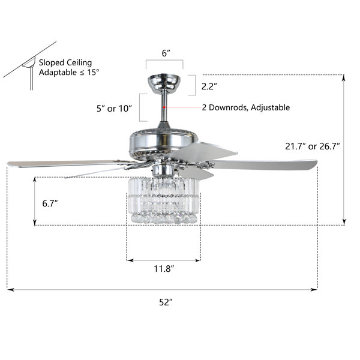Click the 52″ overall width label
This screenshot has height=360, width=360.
(x=166, y=302)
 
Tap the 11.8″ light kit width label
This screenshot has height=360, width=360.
(x=164, y=268)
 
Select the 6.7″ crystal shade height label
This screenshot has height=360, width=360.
(x=50, y=203)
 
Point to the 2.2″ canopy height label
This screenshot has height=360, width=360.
(x=209, y=86)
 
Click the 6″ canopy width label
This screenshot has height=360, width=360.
(x=166, y=53)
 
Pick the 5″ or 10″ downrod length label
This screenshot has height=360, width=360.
(x=114, y=109)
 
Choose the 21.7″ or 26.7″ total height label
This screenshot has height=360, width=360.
(x=312, y=146)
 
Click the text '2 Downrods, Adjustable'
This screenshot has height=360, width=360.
(x=246, y=107)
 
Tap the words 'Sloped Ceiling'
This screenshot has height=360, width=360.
(x=65, y=62)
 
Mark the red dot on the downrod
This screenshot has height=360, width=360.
(x=164, y=107)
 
